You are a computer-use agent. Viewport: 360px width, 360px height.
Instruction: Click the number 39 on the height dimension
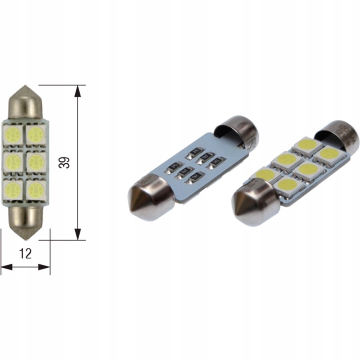pos(65,162)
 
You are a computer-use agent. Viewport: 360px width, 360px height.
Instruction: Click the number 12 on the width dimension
pos(26,254)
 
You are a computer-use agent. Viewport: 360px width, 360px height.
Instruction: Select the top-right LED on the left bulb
pos(35,133)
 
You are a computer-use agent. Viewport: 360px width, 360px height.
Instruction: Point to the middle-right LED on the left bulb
pos(35,162)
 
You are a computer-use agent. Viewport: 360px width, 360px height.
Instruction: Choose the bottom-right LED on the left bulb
pos(35,189)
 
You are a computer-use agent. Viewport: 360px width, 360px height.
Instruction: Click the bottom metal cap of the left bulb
pos(24,220)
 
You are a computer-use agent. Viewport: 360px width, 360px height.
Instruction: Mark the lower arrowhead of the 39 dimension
pos(78,234)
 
